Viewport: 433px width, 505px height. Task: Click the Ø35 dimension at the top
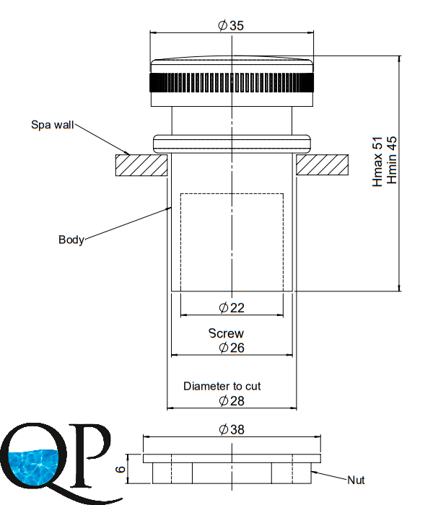[x=231, y=26]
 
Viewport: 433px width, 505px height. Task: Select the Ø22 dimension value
[x=232, y=308]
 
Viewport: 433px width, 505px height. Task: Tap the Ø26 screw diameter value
[x=232, y=348]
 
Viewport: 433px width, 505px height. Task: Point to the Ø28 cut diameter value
[x=232, y=401]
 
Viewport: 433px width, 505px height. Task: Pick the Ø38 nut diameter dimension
[x=232, y=430]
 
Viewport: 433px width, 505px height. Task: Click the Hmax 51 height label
[x=377, y=162]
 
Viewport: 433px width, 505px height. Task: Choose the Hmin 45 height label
[x=392, y=160]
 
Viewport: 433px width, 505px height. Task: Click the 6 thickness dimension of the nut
[x=121, y=469]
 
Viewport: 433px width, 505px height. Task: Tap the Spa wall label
[x=53, y=125]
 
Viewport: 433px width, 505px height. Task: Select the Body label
[x=71, y=240]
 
